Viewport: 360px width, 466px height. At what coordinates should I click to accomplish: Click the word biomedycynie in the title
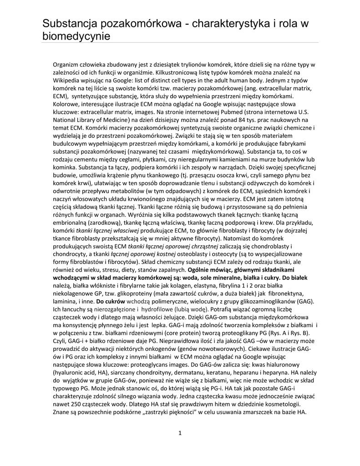76,35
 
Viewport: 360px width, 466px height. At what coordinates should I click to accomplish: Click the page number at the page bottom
180,432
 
